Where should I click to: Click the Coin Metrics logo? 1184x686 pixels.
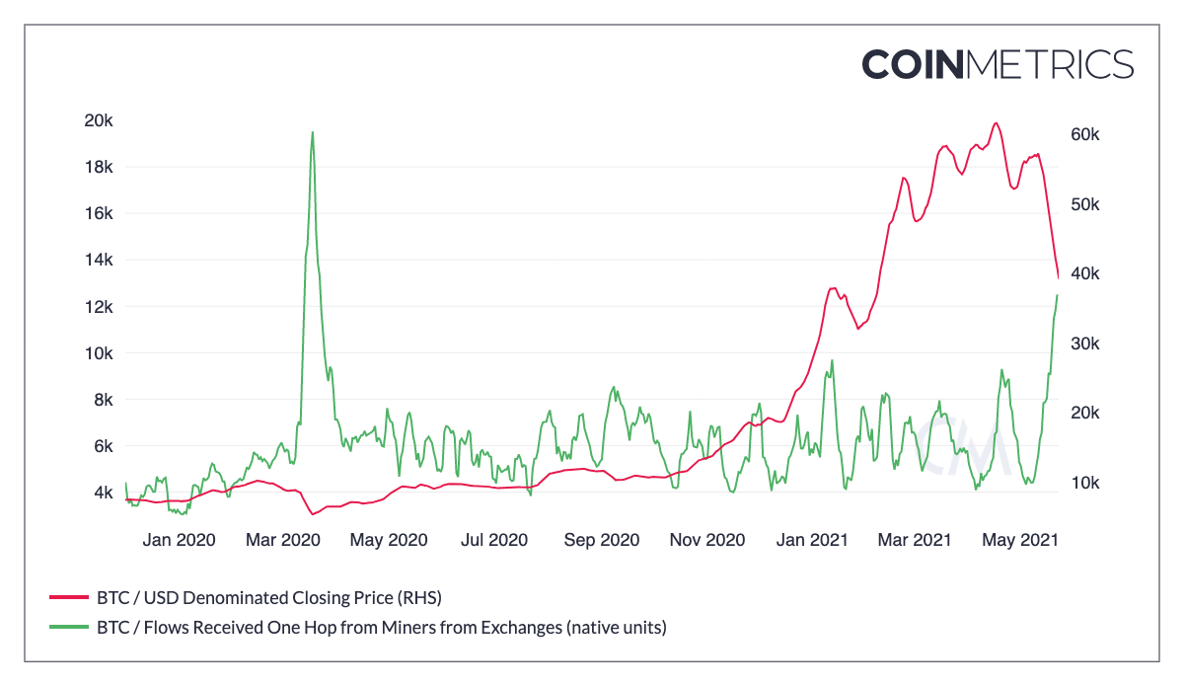(x=998, y=63)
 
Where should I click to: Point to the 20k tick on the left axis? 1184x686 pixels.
(x=100, y=120)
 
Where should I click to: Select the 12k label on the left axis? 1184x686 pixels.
(x=100, y=307)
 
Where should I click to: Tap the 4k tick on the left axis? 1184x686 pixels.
(x=103, y=493)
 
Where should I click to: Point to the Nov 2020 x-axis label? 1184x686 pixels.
(x=706, y=540)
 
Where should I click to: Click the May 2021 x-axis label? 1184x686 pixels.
(x=1019, y=540)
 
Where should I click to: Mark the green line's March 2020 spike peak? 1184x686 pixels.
(x=313, y=132)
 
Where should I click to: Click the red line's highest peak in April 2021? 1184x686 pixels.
(x=997, y=123)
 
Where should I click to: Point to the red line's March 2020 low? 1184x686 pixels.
(x=312, y=514)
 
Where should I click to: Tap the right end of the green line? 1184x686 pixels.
(x=1058, y=295)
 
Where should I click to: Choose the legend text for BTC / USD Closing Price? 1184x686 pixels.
(x=268, y=597)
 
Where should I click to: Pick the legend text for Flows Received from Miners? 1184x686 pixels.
(x=381, y=627)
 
